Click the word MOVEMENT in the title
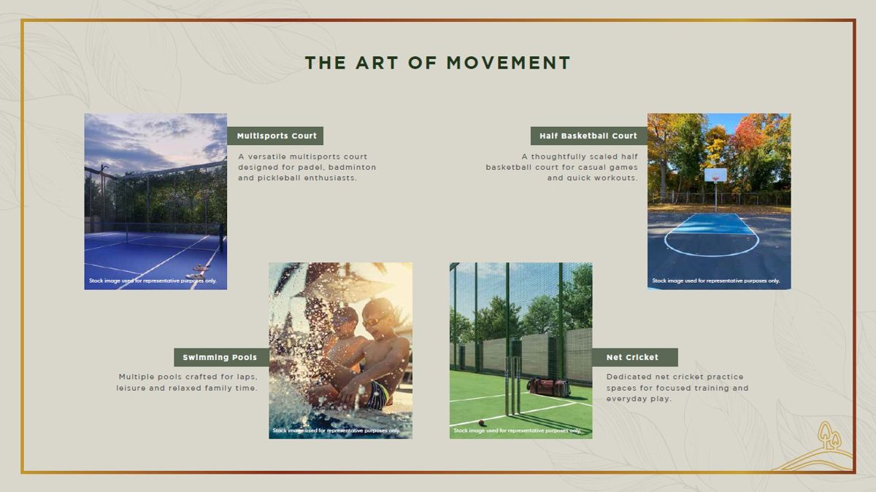coord(508,63)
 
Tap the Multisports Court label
coord(277,136)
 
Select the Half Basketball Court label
coord(588,136)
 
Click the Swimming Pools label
coord(220,357)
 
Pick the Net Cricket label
coord(632,357)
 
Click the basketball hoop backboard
coord(715,175)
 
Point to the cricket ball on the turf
coord(481,423)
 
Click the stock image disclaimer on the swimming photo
coord(337,431)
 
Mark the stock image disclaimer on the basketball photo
coord(715,281)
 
